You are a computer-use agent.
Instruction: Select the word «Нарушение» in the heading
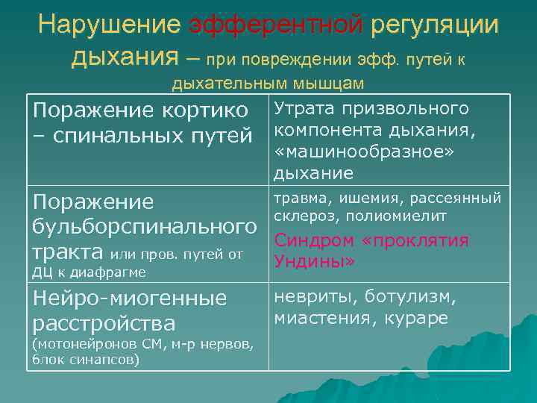110,25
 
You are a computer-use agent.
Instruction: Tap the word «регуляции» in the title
434,25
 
